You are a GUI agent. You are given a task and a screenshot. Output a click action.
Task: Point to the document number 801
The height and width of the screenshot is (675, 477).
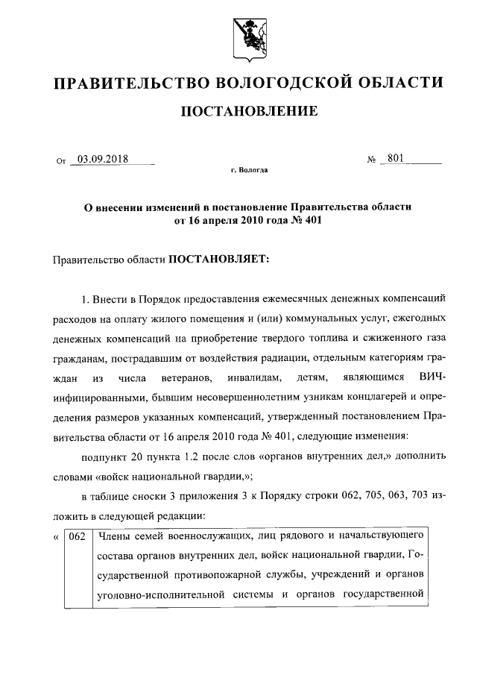pyautogui.click(x=396, y=158)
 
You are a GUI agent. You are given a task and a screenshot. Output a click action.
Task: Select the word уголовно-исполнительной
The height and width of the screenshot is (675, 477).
pyautogui.click(x=161, y=594)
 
